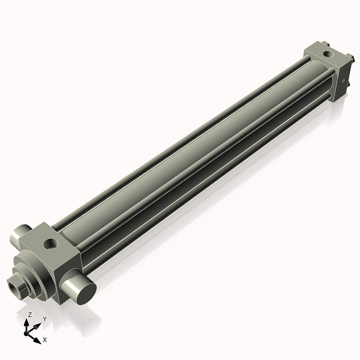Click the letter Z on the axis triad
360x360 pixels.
click(29, 314)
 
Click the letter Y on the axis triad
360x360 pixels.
click(44, 319)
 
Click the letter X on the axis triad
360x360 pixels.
click(45, 340)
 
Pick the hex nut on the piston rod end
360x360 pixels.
click(22, 283)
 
